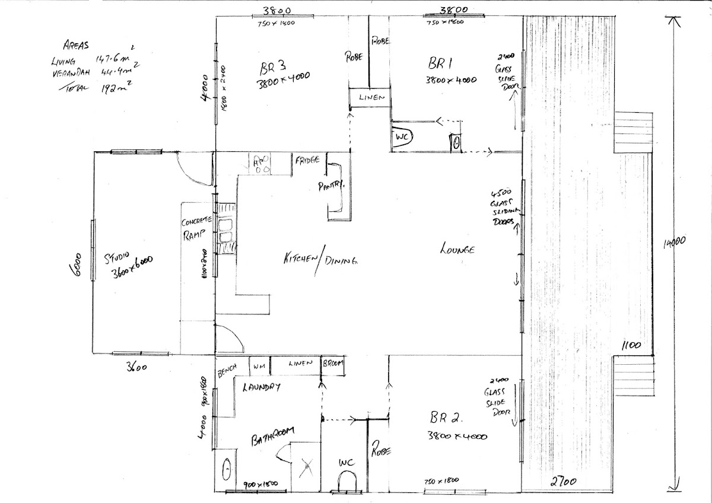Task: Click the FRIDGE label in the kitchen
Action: click(x=306, y=160)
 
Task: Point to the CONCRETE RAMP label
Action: click(x=193, y=228)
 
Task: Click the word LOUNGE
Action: click(x=457, y=250)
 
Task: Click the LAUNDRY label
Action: click(x=261, y=387)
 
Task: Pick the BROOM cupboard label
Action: click(x=332, y=364)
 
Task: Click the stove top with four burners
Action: click(x=262, y=164)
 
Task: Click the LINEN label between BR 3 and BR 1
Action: click(x=370, y=97)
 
